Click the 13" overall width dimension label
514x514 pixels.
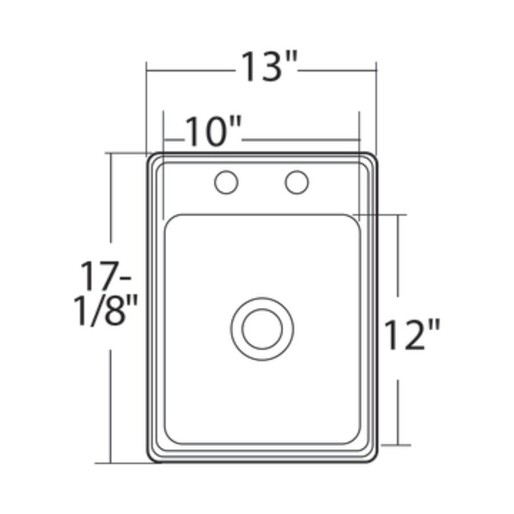(x=267, y=66)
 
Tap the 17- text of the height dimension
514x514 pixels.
(x=106, y=276)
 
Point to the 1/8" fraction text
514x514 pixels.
(x=107, y=310)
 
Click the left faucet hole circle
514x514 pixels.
(x=226, y=183)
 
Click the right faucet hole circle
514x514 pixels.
(x=297, y=183)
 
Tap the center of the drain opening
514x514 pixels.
(x=262, y=329)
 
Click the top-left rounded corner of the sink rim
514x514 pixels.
(x=152, y=158)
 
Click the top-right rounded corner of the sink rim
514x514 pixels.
(x=372, y=158)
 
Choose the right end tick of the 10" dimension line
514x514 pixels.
(x=360, y=139)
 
